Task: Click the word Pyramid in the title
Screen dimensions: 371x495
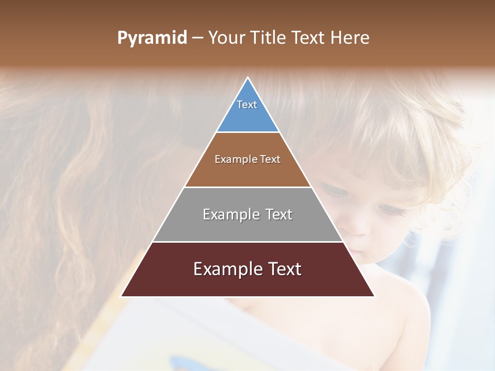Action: tap(152, 38)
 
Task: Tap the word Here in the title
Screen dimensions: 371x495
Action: tap(350, 38)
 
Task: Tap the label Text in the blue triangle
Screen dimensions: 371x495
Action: tap(247, 105)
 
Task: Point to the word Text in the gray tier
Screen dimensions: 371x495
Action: tap(278, 214)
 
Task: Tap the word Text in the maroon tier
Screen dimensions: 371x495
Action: tap(284, 269)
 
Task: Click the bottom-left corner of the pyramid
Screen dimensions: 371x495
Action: tap(122, 296)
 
